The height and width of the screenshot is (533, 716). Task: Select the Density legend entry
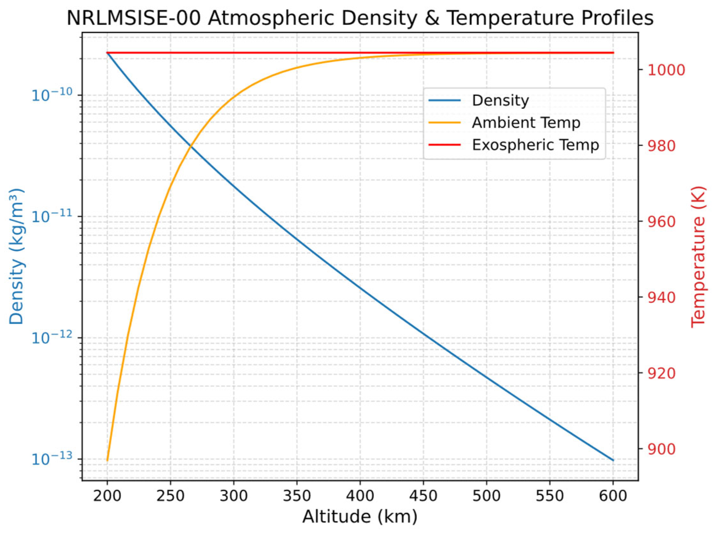coord(500,100)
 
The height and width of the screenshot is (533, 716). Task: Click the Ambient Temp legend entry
coord(525,123)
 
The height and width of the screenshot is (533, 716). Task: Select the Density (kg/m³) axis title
coord(16,256)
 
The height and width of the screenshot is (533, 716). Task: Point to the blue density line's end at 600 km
coord(613,460)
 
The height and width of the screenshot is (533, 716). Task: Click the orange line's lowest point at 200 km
coord(107,460)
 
